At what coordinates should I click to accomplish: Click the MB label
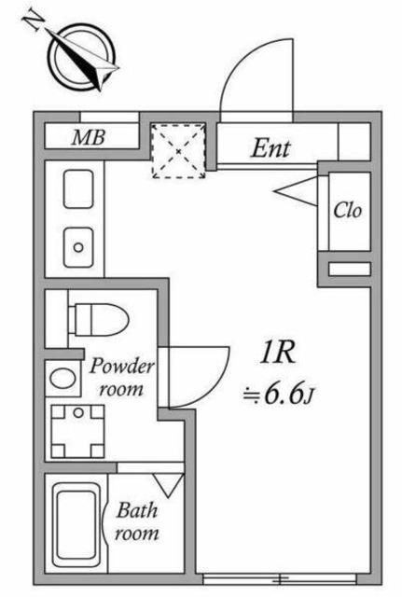pyautogui.click(x=90, y=138)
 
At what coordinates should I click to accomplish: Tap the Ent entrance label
pyautogui.click(x=271, y=147)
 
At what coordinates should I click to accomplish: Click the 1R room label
pyautogui.click(x=277, y=352)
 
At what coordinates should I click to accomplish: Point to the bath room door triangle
pyautogui.click(x=168, y=484)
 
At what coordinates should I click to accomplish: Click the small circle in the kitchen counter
pyautogui.click(x=78, y=248)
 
